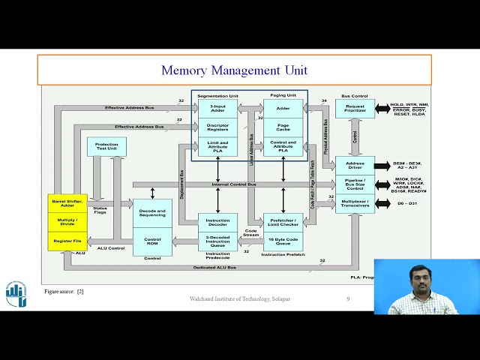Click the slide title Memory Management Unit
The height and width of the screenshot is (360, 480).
(x=234, y=70)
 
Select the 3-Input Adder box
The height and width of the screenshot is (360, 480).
(x=217, y=109)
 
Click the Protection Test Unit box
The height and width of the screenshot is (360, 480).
(x=106, y=147)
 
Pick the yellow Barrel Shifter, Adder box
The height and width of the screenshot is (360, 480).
(x=67, y=204)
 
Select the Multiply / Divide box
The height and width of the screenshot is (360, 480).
(x=67, y=223)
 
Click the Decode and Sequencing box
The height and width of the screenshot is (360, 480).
(x=152, y=212)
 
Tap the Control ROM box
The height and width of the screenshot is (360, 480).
(x=152, y=242)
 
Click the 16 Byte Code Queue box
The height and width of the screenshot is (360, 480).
(x=283, y=241)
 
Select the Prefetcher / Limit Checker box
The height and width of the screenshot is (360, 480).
(x=283, y=221)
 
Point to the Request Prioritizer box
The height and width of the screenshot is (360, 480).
(x=355, y=109)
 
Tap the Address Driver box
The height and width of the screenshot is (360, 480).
(x=355, y=166)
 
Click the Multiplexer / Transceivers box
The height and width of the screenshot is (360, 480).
(x=355, y=203)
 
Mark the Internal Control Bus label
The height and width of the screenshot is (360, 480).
(x=235, y=184)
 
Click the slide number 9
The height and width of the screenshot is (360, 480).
(x=348, y=299)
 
